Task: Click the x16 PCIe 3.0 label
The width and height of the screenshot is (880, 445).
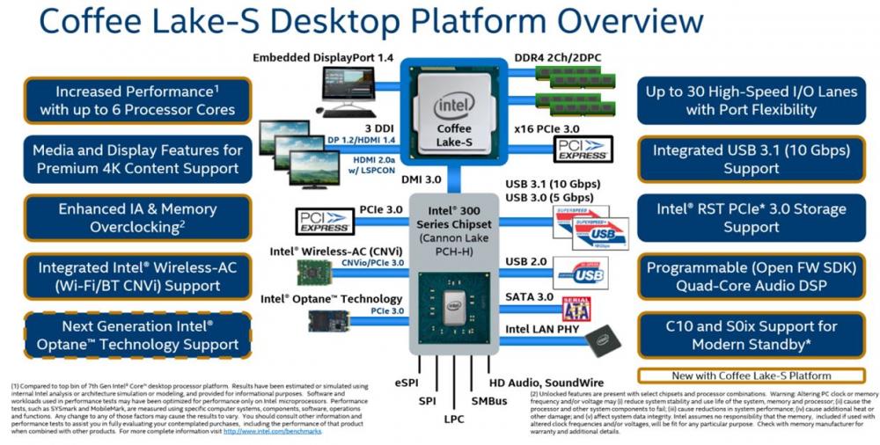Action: coord(551,128)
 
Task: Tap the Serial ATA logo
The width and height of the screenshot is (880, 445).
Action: coord(576,308)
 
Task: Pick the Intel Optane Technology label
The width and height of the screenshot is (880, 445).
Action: coord(331,299)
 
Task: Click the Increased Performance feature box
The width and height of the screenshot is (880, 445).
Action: coord(136,100)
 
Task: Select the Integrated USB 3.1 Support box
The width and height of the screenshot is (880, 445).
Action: coord(751,159)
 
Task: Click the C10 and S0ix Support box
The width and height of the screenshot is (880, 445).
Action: coord(751,334)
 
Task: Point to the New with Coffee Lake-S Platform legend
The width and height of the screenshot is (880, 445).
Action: coord(751,376)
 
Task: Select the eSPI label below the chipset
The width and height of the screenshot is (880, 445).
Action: coord(407,383)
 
